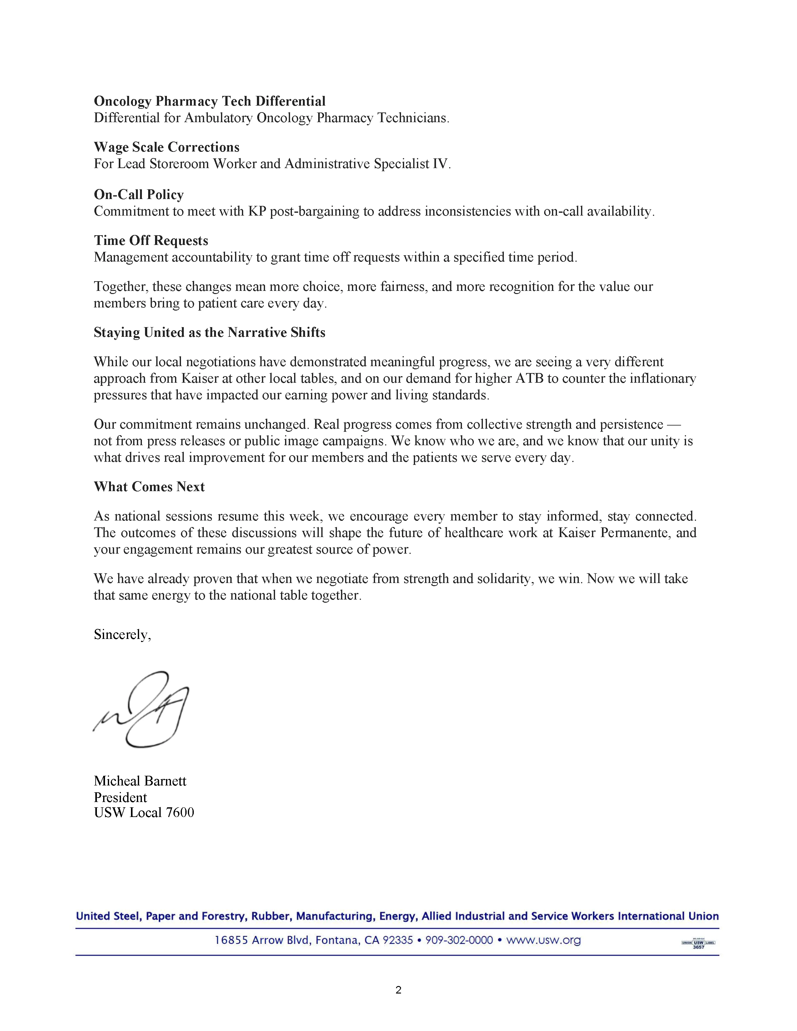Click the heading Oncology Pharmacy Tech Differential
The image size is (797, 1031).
210,101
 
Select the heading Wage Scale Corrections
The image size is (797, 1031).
167,147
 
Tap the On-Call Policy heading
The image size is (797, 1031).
139,195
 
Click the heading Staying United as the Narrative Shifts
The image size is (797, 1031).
210,332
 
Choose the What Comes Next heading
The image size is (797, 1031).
149,487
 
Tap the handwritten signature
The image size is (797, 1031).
142,708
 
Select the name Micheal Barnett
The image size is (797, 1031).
140,781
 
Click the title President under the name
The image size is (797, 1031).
120,797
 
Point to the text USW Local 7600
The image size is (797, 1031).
144,812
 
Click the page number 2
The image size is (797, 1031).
398,990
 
